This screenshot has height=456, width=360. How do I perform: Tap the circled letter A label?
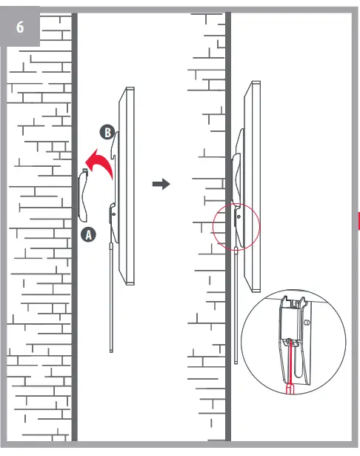[x=87, y=234]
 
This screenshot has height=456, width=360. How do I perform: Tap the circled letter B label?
[x=107, y=133]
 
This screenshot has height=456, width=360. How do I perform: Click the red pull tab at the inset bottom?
[x=290, y=388]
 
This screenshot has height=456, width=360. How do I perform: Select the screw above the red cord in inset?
[x=290, y=342]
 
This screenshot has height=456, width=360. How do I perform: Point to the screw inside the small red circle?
[x=238, y=216]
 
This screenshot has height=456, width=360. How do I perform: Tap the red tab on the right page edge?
[x=358, y=220]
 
